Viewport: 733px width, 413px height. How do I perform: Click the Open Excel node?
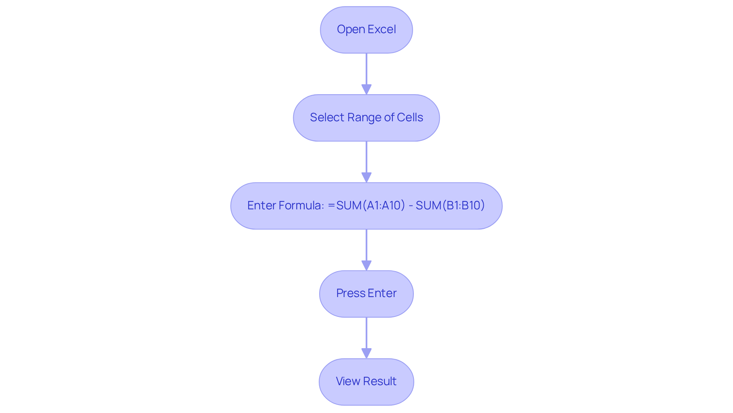pos(366,30)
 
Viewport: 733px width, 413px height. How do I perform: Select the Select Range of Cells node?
pos(366,118)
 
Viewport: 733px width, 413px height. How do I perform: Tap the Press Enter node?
pos(366,294)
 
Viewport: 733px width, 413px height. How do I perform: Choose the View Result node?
pos(366,381)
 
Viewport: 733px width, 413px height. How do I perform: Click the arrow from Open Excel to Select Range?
pos(366,72)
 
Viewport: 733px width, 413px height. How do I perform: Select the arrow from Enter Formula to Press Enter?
pos(366,249)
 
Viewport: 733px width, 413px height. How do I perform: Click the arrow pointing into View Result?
pos(366,337)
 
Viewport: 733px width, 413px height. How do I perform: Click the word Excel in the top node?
pos(381,29)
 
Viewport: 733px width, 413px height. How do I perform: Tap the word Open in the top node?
pos(350,30)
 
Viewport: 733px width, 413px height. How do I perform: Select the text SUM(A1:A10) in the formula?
pos(370,206)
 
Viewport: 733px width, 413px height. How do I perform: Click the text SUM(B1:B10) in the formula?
pos(450,206)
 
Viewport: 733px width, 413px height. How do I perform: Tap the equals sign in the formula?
pos(331,206)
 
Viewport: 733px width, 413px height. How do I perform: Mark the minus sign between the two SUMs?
pos(411,206)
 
